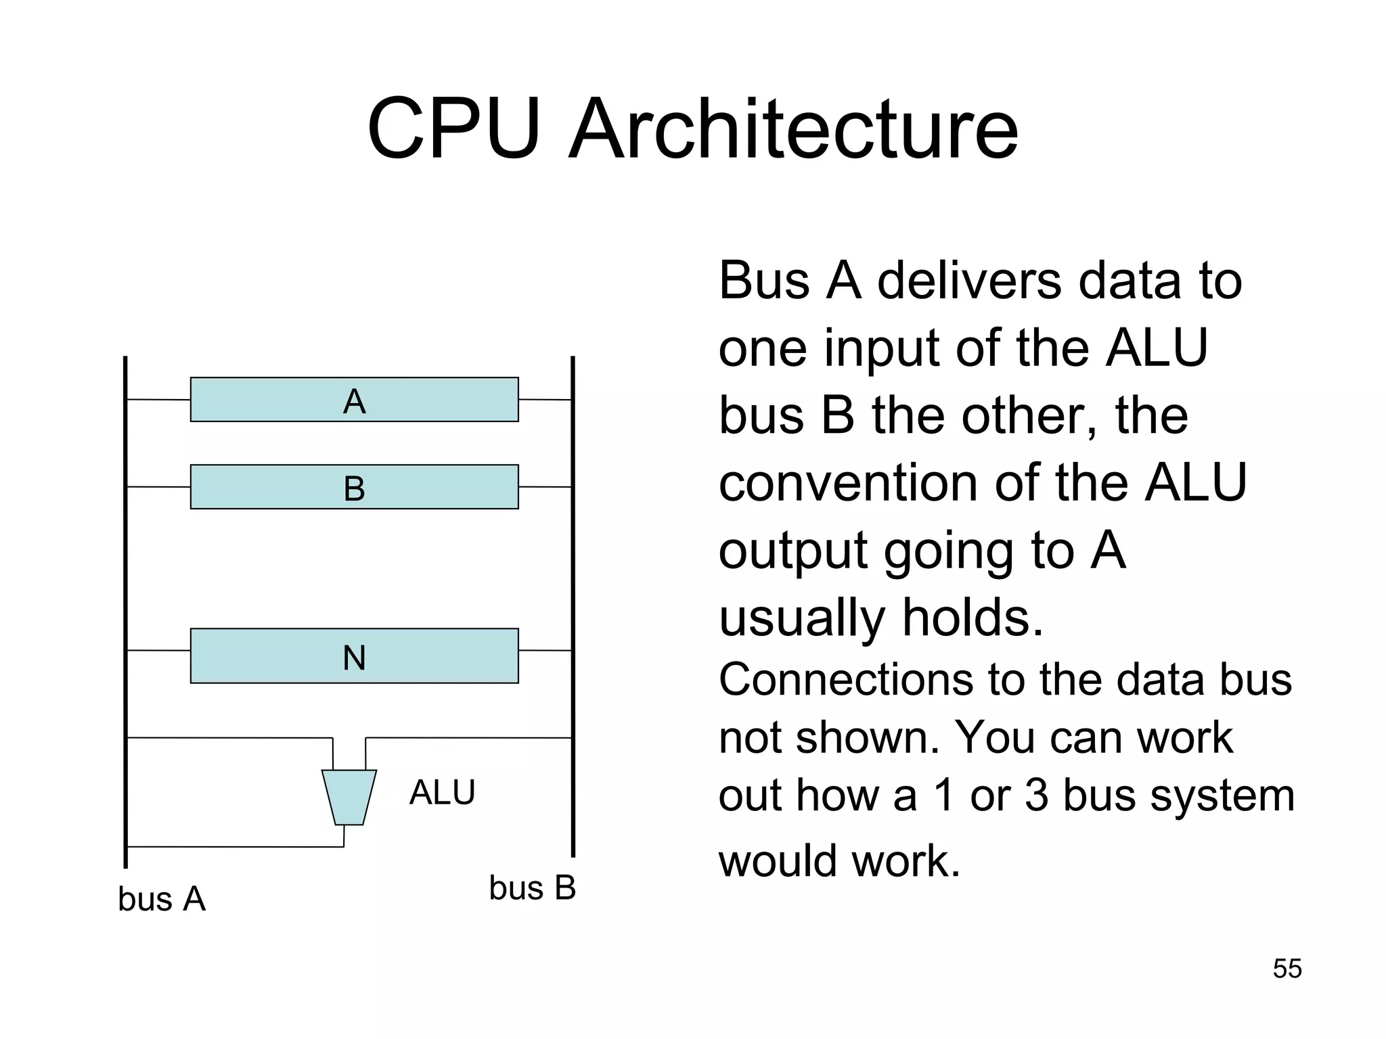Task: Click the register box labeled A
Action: click(x=354, y=400)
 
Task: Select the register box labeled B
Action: click(x=354, y=486)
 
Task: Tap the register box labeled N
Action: click(x=354, y=655)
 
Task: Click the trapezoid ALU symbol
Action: click(x=349, y=797)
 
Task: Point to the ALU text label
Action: click(x=442, y=793)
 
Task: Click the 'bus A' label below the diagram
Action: click(x=161, y=899)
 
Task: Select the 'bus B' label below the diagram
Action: click(x=532, y=887)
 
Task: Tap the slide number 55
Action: click(x=1287, y=969)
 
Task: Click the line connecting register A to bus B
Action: click(x=545, y=400)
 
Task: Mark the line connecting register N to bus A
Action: click(x=158, y=650)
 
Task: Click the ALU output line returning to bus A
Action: click(x=234, y=846)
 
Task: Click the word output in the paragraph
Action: click(x=792, y=551)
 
